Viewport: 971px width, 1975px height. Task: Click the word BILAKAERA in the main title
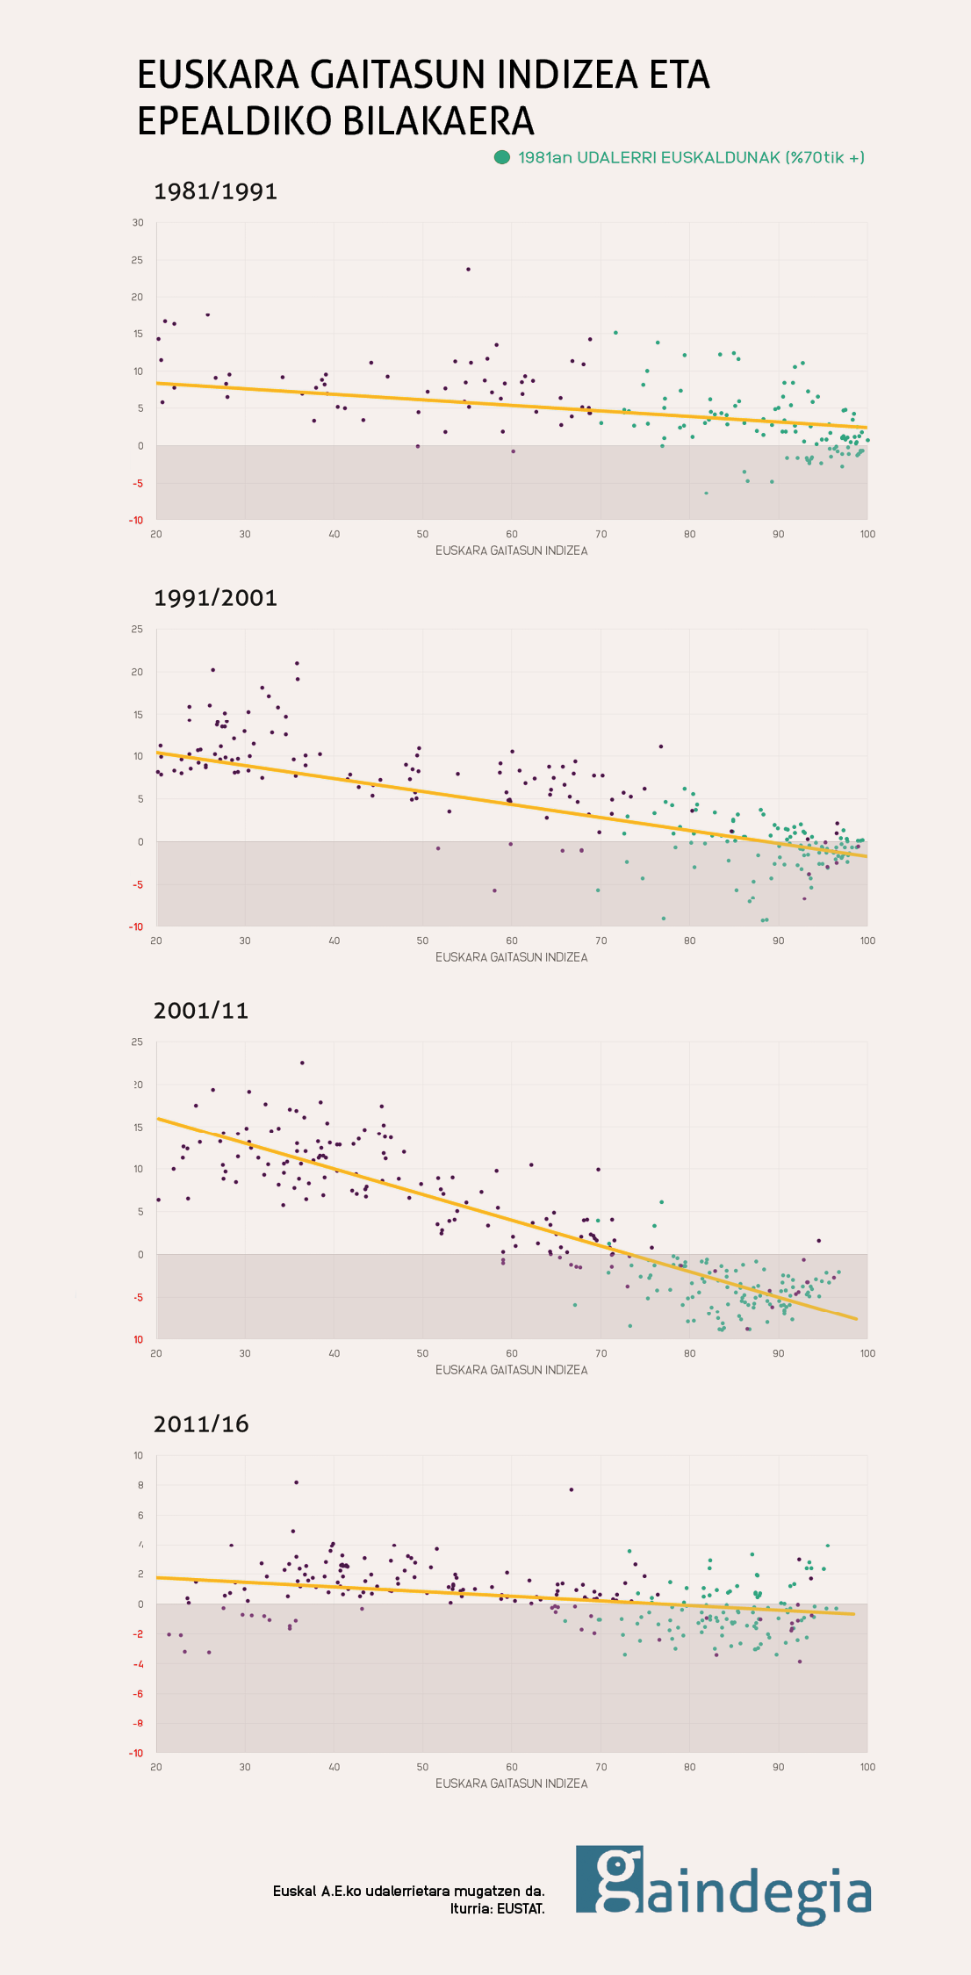point(437,121)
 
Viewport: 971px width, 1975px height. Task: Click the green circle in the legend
point(502,158)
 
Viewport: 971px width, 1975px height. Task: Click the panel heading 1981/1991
point(215,191)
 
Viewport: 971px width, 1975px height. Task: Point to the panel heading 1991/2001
point(215,598)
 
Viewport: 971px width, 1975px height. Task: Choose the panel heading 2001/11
point(201,1011)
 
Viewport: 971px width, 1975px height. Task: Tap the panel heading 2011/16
point(201,1424)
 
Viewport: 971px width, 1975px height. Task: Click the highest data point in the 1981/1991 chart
point(468,269)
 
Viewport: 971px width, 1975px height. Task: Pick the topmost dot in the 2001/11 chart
point(302,1063)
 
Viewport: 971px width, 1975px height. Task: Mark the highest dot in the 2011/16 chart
point(296,1482)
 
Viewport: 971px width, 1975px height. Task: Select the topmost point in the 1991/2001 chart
point(297,663)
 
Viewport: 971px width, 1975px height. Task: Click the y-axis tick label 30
point(138,223)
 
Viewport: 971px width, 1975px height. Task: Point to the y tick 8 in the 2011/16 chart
point(139,1485)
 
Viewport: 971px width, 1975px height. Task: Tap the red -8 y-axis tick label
point(138,1724)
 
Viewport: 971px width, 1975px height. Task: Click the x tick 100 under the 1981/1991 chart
point(867,534)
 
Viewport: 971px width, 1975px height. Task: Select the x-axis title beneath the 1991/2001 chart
point(511,957)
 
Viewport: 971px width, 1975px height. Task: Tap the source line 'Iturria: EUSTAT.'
point(497,1908)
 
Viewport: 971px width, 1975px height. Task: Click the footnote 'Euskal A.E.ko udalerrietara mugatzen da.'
point(408,1891)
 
